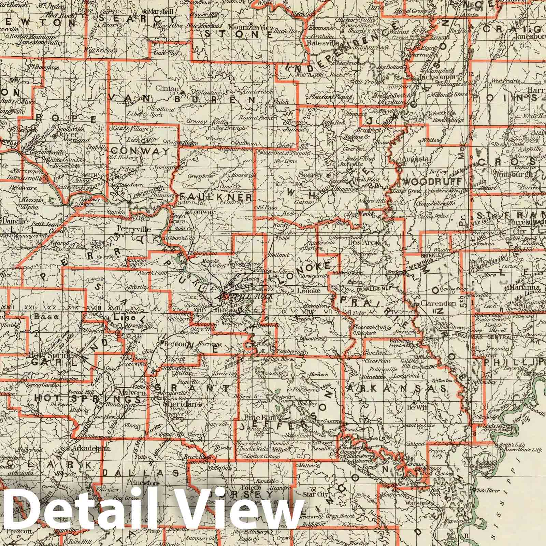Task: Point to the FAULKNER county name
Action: (216, 197)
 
